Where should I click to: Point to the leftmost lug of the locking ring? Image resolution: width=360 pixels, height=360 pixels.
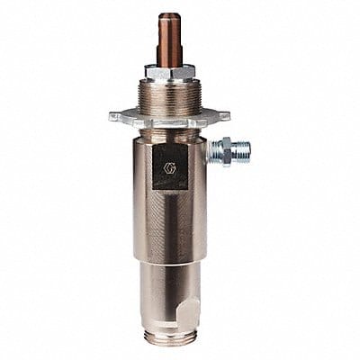tap(115, 117)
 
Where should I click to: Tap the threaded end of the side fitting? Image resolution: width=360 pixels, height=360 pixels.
tap(240, 148)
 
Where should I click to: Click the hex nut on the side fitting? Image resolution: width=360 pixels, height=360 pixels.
tap(219, 150)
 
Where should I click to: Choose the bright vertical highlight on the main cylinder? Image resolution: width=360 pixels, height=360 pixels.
tap(190, 216)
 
